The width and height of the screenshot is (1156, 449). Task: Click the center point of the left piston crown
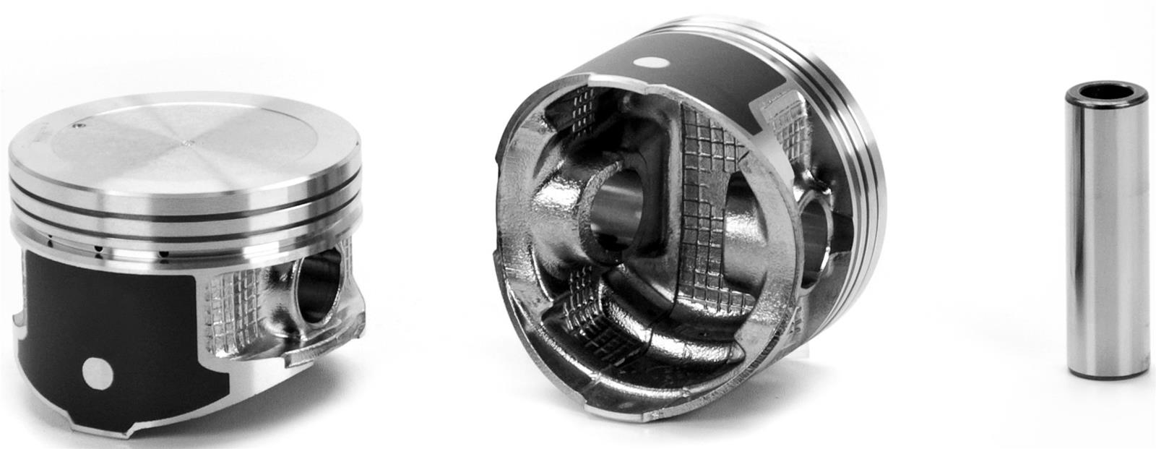(190, 143)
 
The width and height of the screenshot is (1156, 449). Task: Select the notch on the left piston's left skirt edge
(16, 318)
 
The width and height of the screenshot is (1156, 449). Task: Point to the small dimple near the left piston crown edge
(78, 130)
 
